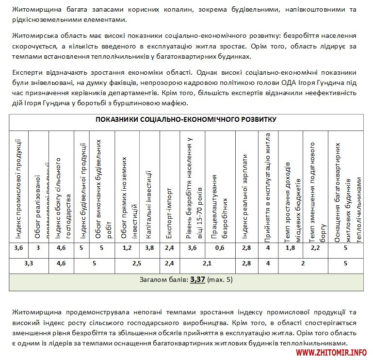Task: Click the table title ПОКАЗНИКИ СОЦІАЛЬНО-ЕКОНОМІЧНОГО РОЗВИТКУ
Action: (186, 119)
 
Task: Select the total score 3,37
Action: (197, 279)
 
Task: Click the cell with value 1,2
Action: (127, 248)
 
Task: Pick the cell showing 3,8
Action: (150, 248)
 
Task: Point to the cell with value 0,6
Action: (220, 248)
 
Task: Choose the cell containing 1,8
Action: (291, 248)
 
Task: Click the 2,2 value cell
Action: (315, 248)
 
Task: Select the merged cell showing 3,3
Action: (29, 263)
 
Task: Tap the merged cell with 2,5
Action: (137, 263)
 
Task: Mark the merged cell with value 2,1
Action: (207, 263)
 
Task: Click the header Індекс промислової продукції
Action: (18, 189)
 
